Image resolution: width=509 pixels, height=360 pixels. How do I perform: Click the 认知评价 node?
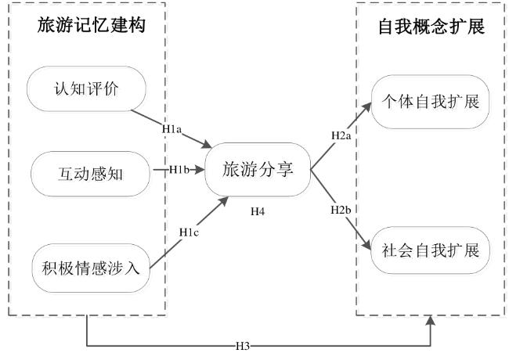[86, 89]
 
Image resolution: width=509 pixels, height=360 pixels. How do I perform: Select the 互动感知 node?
[90, 174]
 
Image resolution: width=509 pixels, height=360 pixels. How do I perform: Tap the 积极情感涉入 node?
[91, 268]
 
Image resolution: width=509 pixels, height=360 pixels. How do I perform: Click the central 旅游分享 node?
[258, 170]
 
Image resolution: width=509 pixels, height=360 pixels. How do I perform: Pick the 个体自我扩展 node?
[430, 102]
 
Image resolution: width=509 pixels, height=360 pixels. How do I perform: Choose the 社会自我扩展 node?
[430, 250]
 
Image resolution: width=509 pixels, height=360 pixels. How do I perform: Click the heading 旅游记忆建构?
[91, 25]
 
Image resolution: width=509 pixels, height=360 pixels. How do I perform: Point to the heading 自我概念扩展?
[431, 27]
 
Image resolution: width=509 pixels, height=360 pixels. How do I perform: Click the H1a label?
[171, 129]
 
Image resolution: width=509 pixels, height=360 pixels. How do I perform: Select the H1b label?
[179, 170]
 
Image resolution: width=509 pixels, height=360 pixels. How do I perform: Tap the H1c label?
[189, 232]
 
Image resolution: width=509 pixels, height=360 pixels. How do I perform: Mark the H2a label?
[341, 135]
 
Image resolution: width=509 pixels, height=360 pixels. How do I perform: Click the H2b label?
[341, 210]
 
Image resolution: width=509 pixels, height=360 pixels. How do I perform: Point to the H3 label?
[243, 346]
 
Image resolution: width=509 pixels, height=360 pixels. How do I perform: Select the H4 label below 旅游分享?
[258, 212]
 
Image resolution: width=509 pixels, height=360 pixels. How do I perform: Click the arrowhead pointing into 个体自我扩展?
[366, 107]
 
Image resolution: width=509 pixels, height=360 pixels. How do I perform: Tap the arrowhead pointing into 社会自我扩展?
[366, 245]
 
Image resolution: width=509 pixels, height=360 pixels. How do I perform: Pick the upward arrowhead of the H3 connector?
[431, 321]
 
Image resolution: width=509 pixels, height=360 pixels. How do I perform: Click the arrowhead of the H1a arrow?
[207, 144]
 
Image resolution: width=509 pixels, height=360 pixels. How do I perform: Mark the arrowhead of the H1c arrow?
[224, 201]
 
